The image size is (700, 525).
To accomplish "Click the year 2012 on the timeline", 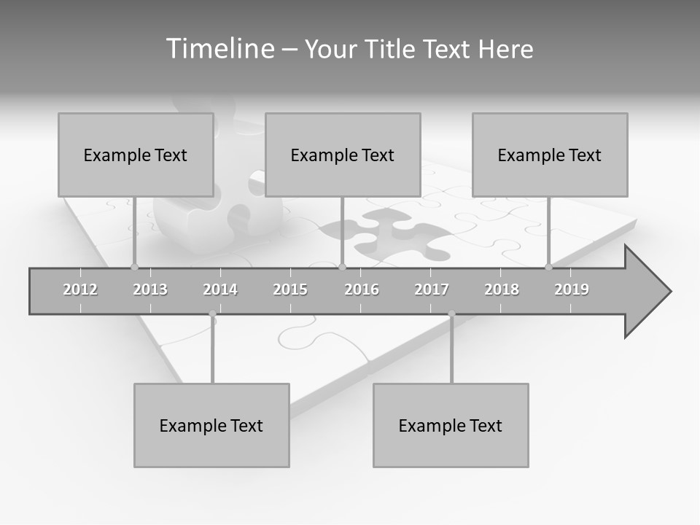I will (80, 289).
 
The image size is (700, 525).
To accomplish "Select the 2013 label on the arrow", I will (150, 289).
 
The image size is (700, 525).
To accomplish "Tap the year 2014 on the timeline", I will (220, 289).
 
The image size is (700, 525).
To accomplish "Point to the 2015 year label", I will (290, 289).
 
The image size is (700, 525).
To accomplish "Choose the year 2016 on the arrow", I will (362, 289).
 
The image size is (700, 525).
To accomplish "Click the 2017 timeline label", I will (432, 289).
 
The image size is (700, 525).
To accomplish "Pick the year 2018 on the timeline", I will (502, 289).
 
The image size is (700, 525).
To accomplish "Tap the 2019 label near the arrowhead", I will (572, 289).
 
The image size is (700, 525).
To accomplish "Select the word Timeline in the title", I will (219, 49).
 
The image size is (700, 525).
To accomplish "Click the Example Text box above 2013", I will (136, 155).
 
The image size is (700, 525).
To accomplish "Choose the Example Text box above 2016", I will (343, 155).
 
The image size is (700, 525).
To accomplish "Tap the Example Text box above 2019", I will (550, 155).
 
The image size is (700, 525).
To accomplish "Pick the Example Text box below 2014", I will (211, 425).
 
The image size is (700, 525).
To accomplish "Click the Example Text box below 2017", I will (451, 425).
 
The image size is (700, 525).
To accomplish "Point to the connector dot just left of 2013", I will (134, 268).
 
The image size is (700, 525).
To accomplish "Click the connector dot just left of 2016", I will (343, 268).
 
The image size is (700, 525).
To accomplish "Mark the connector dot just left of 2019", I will (549, 268).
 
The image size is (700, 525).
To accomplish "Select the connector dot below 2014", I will (212, 314).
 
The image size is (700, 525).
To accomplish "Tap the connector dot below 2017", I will (451, 314).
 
